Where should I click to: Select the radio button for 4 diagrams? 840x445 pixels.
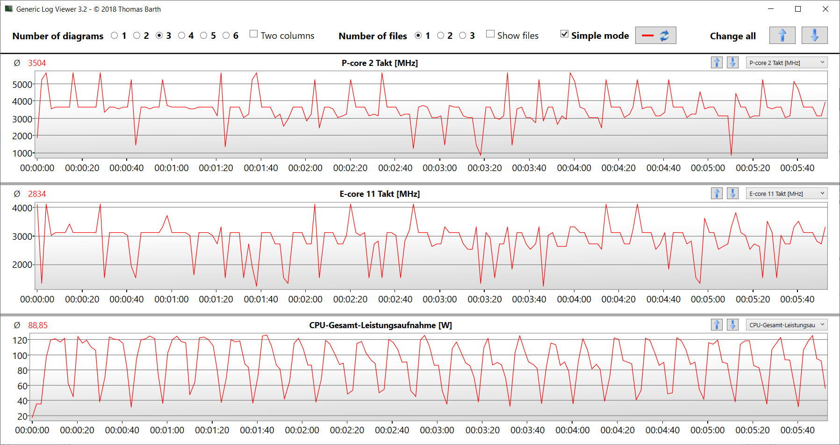(182, 36)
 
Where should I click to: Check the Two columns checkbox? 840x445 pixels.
(254, 34)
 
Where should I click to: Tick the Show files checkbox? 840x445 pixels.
(490, 34)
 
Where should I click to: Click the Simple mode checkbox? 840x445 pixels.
(564, 34)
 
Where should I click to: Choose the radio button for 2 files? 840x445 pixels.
(440, 36)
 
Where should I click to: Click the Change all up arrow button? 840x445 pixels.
(782, 36)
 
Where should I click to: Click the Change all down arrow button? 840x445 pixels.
(814, 36)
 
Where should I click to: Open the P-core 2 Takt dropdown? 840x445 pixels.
(787, 63)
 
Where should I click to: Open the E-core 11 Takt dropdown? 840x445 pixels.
(787, 194)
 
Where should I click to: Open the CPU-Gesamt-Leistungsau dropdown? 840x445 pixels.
(787, 325)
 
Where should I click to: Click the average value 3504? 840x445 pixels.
(37, 63)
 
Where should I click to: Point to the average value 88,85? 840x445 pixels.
(38, 325)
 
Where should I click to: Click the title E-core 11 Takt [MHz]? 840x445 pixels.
(380, 194)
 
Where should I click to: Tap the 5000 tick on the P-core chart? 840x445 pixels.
(22, 85)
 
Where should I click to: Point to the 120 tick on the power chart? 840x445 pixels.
(20, 340)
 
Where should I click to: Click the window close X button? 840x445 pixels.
(826, 9)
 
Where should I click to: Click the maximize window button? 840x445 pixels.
(798, 9)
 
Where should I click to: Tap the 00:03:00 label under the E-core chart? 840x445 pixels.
(440, 299)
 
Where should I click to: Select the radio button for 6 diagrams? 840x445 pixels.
(226, 36)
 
